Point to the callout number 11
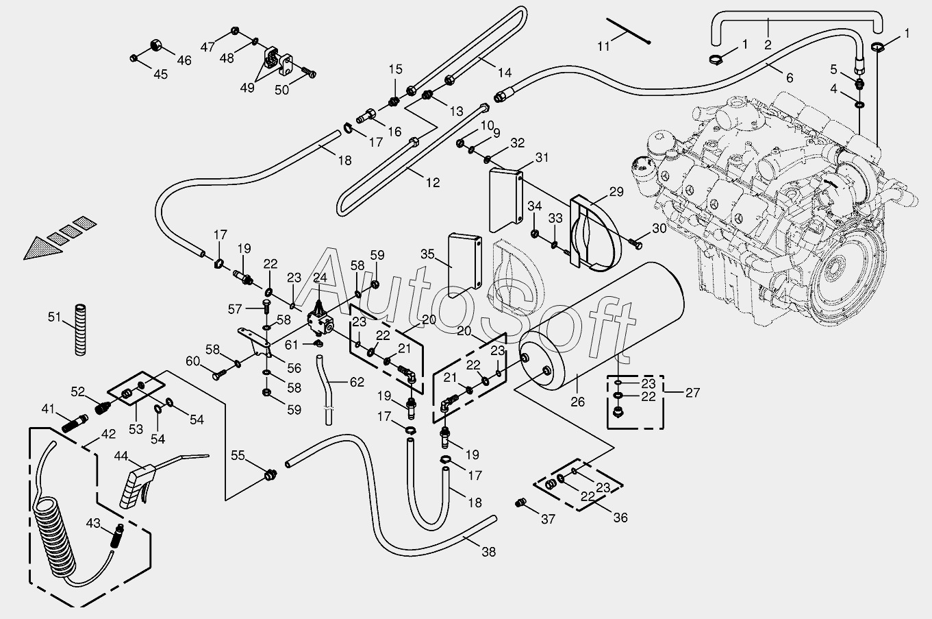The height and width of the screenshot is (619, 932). (603, 47)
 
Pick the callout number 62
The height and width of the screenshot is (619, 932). (357, 382)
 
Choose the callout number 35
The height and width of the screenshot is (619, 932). (428, 254)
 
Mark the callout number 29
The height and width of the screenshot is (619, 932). (616, 192)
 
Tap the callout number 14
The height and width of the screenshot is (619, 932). (504, 73)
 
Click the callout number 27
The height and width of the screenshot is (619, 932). (693, 393)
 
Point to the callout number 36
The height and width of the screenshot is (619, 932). (620, 518)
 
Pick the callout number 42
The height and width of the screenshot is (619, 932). (108, 433)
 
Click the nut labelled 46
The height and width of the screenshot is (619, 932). (155, 46)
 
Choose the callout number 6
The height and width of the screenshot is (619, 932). (790, 78)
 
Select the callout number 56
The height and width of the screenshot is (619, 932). (294, 368)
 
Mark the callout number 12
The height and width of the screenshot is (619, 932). (432, 183)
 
